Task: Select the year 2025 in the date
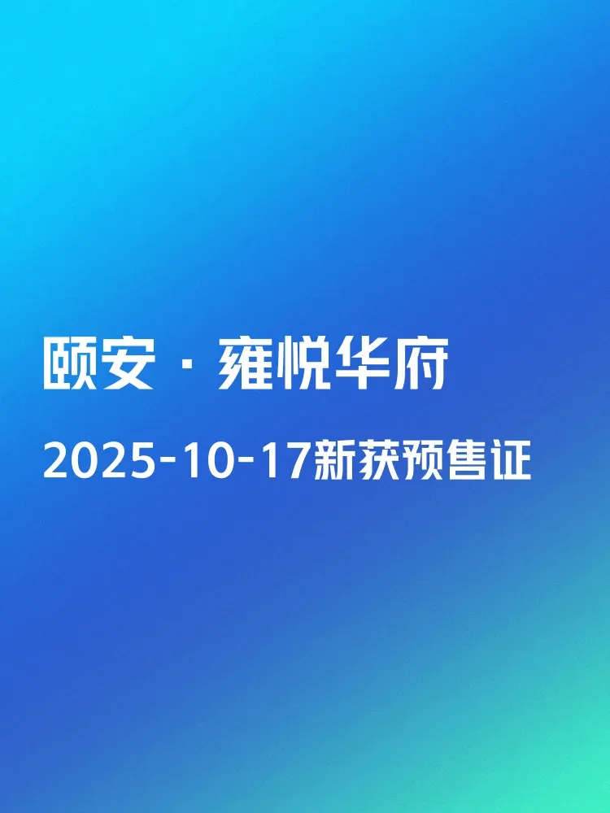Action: click(99, 461)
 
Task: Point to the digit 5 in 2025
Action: click(142, 461)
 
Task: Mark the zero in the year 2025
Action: click(85, 461)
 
